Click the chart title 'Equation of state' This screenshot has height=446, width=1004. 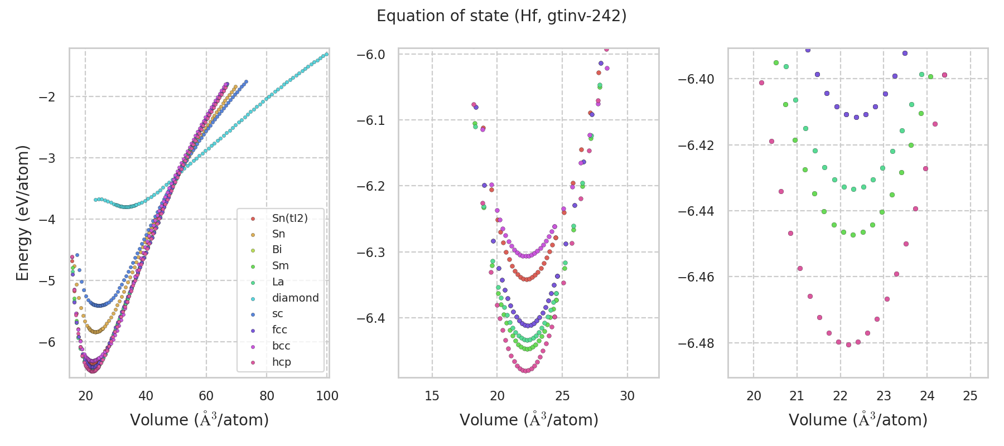[501, 16]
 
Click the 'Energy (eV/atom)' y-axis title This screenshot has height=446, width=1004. [23, 213]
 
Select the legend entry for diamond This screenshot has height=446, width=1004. [295, 298]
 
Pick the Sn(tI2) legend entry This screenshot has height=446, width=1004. [289, 218]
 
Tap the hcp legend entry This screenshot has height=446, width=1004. [281, 362]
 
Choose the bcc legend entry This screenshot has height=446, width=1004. [281, 346]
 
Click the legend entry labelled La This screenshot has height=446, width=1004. [278, 282]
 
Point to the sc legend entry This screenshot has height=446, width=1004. [277, 314]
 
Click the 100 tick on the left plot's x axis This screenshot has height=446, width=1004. [327, 396]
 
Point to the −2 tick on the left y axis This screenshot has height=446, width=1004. [46, 97]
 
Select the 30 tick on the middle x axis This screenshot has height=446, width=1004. [627, 396]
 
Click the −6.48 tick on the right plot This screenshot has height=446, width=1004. [696, 343]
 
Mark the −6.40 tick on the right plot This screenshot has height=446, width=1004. [696, 79]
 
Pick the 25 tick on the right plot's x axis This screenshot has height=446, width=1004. [971, 396]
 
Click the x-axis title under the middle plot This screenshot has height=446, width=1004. [529, 420]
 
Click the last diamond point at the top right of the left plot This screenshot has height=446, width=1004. [327, 54]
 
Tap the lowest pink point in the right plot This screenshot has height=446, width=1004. [848, 345]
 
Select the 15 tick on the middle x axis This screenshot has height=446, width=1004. [432, 396]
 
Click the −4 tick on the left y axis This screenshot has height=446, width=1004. [46, 220]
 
